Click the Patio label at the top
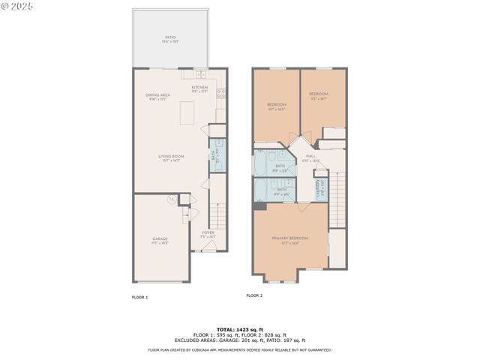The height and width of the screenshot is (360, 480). [x=170, y=38]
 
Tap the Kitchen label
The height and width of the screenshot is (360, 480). [x=199, y=88]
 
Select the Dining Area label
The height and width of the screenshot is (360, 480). [x=157, y=96]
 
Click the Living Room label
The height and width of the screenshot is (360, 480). [x=171, y=157]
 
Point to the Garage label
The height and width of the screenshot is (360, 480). [x=160, y=240]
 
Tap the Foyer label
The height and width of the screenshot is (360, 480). [x=208, y=234]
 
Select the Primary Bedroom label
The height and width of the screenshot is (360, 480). [x=289, y=239]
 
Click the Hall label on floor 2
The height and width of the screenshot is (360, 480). [x=310, y=157]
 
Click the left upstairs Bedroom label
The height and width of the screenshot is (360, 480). [x=277, y=106]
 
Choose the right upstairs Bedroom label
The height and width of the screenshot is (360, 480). [x=319, y=95]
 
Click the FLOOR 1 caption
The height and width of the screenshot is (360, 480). [x=140, y=297]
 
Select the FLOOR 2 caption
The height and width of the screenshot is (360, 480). [x=254, y=295]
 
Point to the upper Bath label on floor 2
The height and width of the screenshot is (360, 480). [x=280, y=166]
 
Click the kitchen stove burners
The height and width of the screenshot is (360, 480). [x=221, y=94]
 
